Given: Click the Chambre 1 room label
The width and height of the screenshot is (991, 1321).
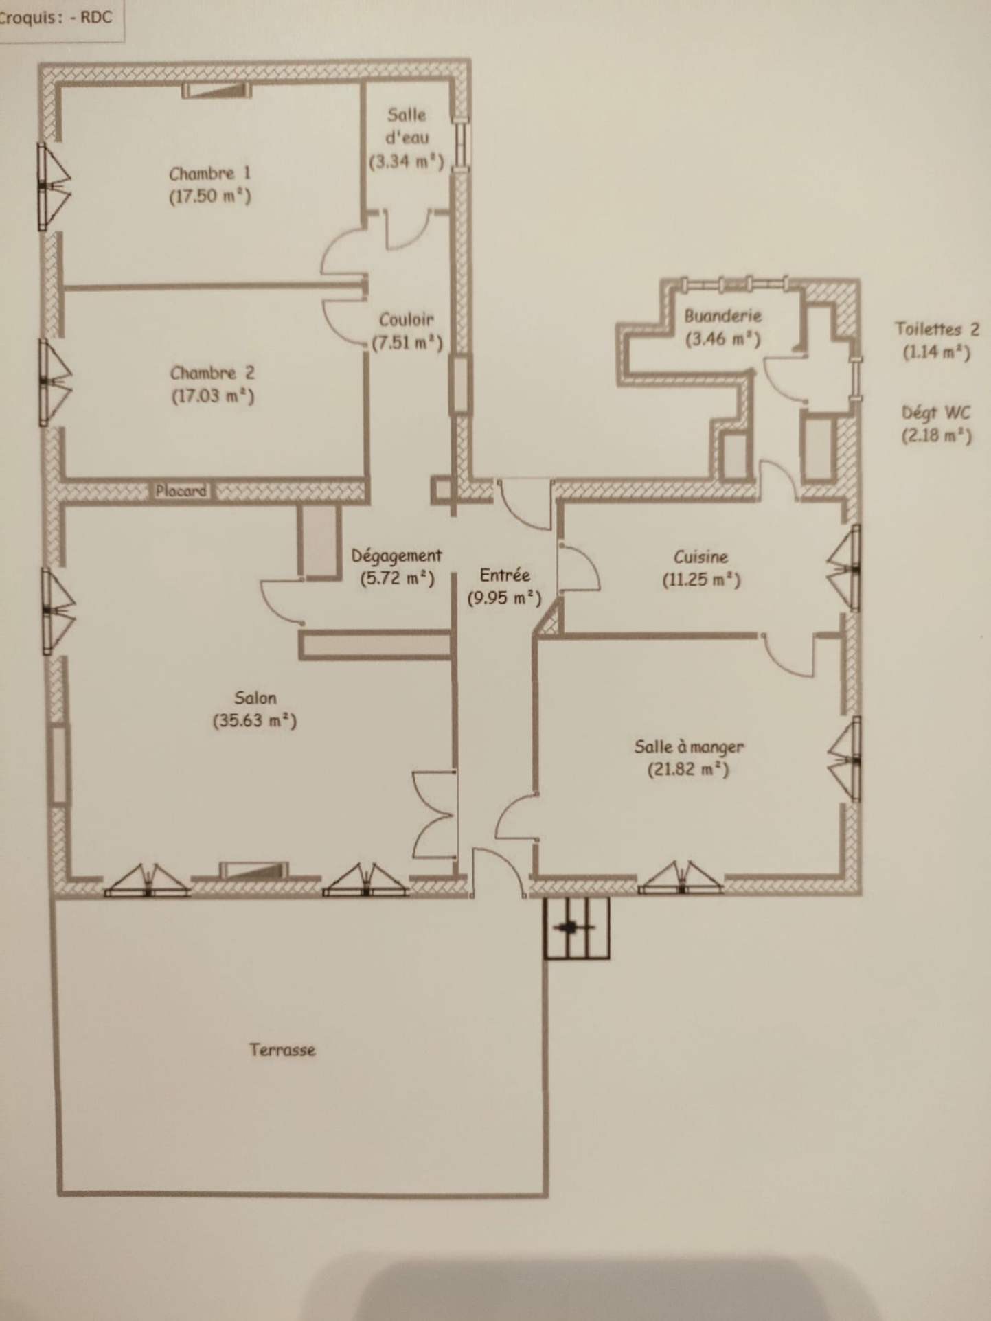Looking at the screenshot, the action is (210, 173).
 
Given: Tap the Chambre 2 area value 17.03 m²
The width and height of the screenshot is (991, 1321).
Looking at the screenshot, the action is (213, 396).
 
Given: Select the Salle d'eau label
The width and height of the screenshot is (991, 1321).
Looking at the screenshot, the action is (407, 126).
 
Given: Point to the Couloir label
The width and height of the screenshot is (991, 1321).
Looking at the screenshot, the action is (407, 319).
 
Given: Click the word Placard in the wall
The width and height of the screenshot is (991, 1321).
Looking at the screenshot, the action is (181, 491).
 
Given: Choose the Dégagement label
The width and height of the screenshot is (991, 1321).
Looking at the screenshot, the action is (397, 556).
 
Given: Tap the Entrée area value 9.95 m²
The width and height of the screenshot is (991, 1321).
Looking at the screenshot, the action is (504, 598).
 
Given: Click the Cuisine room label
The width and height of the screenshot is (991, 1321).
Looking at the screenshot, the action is (700, 557).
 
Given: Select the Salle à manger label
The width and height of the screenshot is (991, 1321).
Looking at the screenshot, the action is (689, 746).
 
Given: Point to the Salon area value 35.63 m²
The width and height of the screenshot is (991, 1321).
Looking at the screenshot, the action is (255, 721).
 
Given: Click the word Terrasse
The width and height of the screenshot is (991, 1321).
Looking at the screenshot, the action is (282, 1050).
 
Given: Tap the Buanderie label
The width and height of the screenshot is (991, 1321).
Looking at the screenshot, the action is (723, 316).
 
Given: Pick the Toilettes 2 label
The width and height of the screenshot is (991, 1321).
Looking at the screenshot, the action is (937, 329).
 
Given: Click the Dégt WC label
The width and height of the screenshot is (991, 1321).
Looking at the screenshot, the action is (936, 413).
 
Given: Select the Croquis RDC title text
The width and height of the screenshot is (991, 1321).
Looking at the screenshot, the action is (56, 17).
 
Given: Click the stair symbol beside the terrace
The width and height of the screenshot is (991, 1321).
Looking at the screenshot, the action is (576, 928).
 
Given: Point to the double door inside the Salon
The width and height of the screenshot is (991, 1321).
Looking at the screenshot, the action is (435, 815).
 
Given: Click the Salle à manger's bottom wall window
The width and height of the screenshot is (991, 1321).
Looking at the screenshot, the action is (680, 879).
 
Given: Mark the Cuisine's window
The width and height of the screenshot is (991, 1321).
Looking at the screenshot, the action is (844, 568).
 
